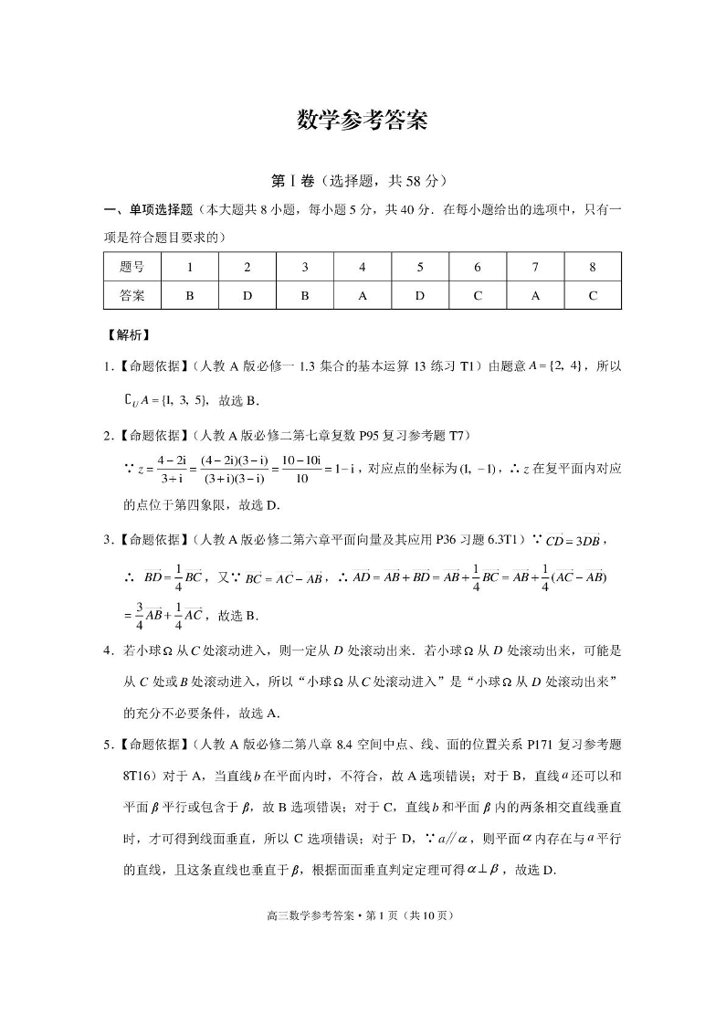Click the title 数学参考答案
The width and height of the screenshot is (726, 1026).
[x=363, y=121]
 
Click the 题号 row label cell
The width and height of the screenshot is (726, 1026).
[x=132, y=268]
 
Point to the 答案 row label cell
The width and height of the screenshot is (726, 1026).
[x=132, y=296]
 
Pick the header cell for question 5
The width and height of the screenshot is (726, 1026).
[x=419, y=268]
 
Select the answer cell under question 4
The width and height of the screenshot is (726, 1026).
[x=362, y=296]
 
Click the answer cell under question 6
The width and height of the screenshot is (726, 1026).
[x=477, y=296]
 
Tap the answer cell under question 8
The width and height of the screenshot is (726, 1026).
[x=592, y=296]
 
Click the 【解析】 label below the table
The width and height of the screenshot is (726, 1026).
[x=128, y=335]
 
